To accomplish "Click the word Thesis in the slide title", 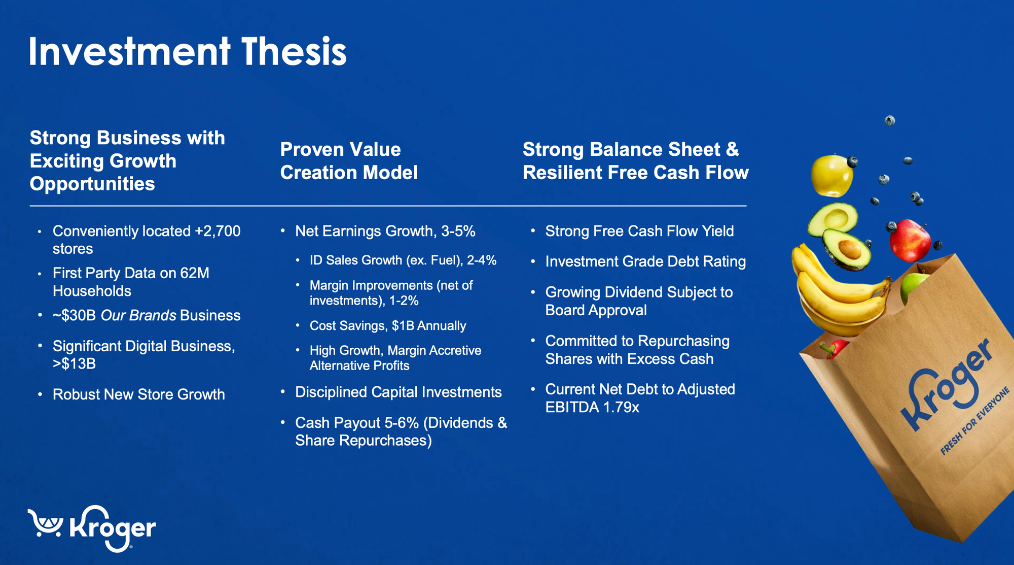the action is click(294, 52).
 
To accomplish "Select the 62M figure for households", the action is click(195, 273).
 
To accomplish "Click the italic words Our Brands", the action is click(138, 316).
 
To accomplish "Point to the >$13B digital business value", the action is click(74, 364).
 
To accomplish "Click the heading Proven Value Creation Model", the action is click(349, 161).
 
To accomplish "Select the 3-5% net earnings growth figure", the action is click(458, 231).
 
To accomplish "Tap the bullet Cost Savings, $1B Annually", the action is click(388, 326).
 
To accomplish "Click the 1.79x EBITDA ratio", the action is click(621, 408).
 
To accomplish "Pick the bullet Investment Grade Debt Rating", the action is click(645, 262).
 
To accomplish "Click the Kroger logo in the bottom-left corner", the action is click(92, 528).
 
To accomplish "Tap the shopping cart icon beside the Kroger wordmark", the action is click(46, 523).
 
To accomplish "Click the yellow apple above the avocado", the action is click(831, 175).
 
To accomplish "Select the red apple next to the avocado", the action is click(910, 240).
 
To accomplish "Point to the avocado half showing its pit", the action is click(846, 249).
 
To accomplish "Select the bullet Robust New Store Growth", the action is click(138, 395).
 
